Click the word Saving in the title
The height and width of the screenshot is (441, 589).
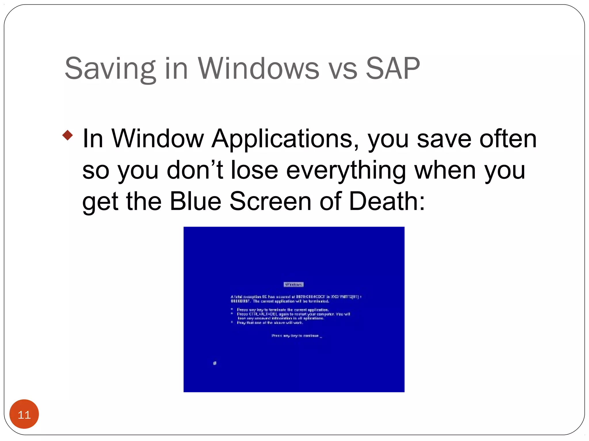coord(110,69)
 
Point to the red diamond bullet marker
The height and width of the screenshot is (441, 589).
coord(68,135)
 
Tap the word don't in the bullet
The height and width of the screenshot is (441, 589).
coord(195,170)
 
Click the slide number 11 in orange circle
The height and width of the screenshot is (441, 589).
coord(24,415)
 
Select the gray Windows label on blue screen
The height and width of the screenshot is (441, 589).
coord(294,285)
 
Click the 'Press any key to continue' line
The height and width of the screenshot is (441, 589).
coord(297,336)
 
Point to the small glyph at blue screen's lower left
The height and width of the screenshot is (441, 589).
coord(215,363)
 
